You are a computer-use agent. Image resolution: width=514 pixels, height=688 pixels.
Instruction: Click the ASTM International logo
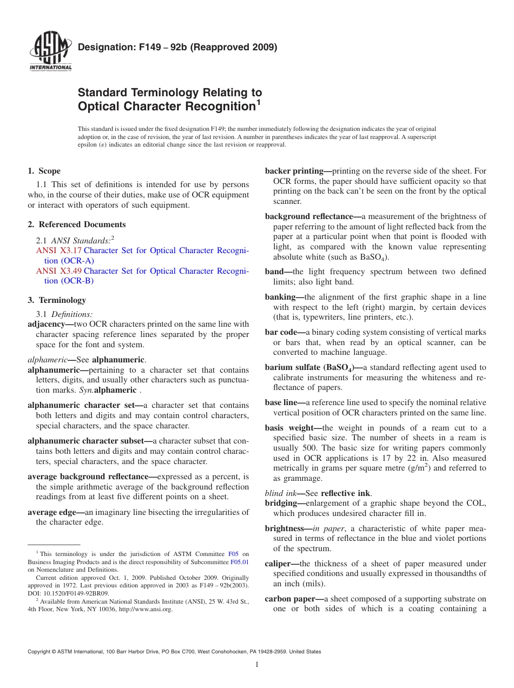point(50,52)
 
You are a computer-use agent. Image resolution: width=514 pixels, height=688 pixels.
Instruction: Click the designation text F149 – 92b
point(177,47)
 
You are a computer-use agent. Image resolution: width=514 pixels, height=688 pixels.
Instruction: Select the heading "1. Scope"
point(44,171)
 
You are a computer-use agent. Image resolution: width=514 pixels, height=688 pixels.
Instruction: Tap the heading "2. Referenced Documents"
point(76,224)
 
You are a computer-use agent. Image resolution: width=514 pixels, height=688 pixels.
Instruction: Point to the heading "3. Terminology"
point(56,300)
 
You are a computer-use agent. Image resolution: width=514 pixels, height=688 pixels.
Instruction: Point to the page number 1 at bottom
point(257,665)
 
